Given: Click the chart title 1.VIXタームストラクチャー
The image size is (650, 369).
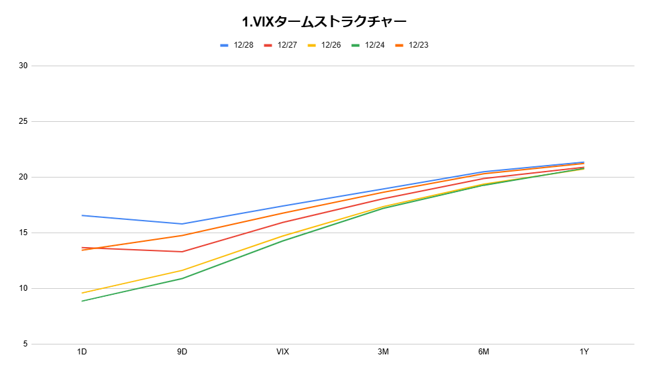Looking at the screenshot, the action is point(324,22).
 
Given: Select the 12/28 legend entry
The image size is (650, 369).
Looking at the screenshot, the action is point(237,45).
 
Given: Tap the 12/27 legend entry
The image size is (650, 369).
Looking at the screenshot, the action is point(281,45).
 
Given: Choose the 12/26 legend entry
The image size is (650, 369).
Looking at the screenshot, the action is point(324,45).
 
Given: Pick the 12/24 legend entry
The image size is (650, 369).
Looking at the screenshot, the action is point(368,45).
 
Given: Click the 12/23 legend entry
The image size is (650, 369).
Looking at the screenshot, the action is point(411,45).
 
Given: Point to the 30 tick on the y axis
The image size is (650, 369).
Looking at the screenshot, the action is point(23,66).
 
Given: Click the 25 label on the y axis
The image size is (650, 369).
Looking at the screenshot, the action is point(23,121).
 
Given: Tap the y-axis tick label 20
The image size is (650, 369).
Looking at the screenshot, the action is point(23,177).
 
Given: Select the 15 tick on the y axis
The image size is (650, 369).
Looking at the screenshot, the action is point(23,233).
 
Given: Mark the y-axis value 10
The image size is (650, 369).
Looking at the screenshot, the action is point(23,288).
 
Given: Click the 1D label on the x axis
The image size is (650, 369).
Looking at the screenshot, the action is point(81,352).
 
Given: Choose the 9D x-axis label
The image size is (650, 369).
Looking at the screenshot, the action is point(182,352).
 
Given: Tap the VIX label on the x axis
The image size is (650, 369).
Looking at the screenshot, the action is point(283,352).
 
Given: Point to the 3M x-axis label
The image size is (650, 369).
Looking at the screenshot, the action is point(383,352).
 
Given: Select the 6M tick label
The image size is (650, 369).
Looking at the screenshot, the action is point(483,352).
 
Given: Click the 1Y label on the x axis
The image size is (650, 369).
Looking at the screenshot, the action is point(584,352).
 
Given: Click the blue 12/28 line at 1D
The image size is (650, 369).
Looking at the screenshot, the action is point(82,215).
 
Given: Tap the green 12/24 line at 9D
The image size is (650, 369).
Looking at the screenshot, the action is point(182,278).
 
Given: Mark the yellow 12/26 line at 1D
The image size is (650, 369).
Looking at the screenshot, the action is point(82,293).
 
